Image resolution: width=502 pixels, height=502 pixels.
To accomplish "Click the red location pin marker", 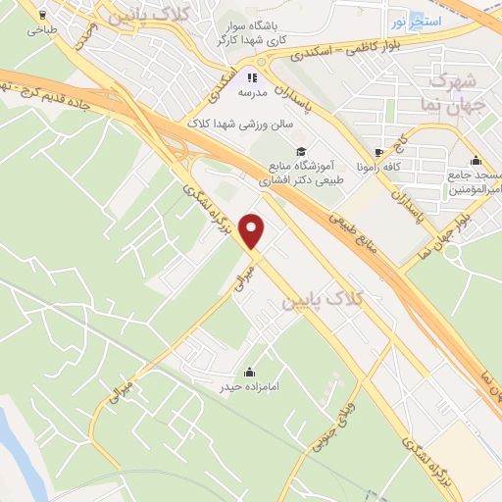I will click(254, 231).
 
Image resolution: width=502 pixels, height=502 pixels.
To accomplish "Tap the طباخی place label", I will click(41, 31).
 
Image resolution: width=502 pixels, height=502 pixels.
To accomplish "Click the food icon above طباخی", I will click(41, 16).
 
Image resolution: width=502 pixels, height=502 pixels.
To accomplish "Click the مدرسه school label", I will click(252, 94).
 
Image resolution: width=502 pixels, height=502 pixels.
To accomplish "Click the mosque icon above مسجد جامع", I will click(476, 161).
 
